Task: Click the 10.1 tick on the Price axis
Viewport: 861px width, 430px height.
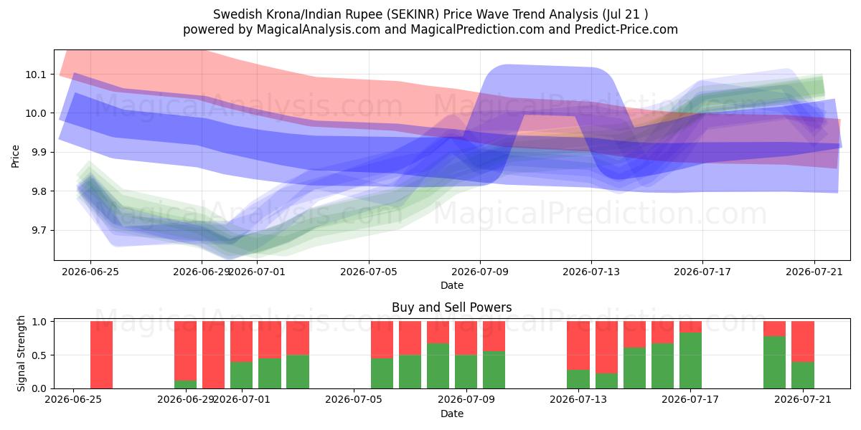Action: tap(35, 75)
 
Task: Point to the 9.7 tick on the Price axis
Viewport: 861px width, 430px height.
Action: tap(35, 231)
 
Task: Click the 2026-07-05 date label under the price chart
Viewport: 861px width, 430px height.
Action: tap(369, 272)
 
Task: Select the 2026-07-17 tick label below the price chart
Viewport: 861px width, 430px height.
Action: tap(702, 272)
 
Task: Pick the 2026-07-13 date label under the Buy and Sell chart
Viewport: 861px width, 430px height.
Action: tap(578, 400)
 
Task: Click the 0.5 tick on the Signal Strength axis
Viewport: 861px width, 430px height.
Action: tap(39, 355)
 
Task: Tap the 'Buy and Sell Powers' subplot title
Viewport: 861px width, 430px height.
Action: tap(451, 307)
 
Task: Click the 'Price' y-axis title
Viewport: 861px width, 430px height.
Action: tap(15, 156)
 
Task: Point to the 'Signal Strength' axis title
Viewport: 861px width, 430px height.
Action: tap(21, 353)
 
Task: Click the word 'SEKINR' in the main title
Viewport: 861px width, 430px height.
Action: tap(415, 14)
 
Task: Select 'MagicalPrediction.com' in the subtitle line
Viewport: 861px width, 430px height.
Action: tap(477, 29)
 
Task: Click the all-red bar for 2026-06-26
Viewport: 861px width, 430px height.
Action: tap(101, 355)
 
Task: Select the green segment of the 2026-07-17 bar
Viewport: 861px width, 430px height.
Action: tap(690, 361)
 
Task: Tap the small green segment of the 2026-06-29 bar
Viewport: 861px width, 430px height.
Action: tap(185, 385)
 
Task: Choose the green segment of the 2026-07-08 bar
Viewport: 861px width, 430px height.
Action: tap(438, 366)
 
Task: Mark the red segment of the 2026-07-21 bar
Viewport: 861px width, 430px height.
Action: tap(803, 342)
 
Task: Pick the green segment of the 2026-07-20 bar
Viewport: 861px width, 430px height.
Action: tap(774, 363)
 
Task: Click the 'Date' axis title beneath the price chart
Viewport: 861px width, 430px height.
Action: tap(451, 286)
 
